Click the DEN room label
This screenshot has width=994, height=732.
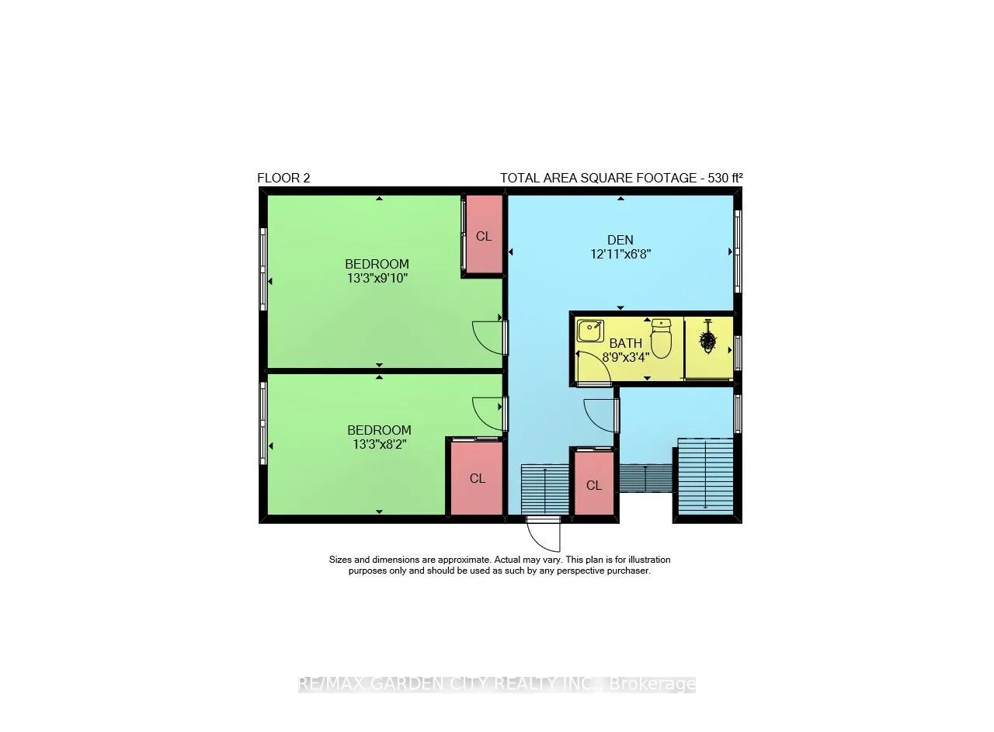click(x=620, y=241)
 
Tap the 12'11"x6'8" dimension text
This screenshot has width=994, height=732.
click(x=620, y=255)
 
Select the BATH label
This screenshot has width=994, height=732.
click(x=625, y=343)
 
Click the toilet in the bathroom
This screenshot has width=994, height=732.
click(x=661, y=338)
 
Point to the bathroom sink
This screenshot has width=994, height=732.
click(x=590, y=331)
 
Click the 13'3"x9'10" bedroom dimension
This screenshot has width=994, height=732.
click(x=377, y=279)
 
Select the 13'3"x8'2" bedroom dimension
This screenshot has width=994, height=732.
click(x=380, y=444)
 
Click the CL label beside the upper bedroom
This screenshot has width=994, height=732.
click(x=484, y=237)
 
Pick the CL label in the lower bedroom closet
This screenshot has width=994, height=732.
click(x=477, y=479)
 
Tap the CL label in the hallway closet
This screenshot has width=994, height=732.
click(x=594, y=486)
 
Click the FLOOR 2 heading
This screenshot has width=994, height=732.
click(x=283, y=179)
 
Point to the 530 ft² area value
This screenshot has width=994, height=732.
click(x=725, y=178)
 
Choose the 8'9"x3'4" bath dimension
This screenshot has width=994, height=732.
click(x=626, y=357)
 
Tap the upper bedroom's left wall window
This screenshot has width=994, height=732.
click(x=263, y=269)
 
